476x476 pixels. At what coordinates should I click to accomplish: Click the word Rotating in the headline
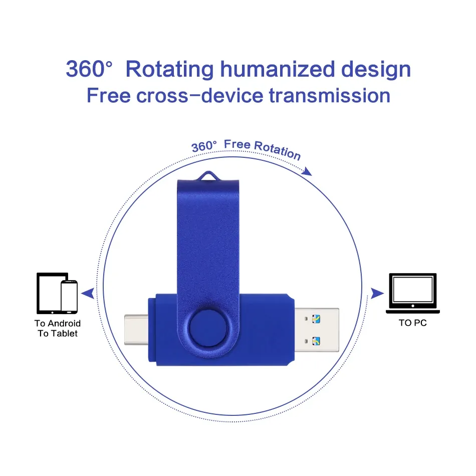click(x=170, y=70)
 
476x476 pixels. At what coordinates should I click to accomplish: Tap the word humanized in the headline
click(x=278, y=69)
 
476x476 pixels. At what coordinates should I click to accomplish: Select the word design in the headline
click(x=376, y=70)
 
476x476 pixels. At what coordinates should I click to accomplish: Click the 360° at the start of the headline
click(x=89, y=69)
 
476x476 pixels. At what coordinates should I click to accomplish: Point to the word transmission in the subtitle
click(x=330, y=95)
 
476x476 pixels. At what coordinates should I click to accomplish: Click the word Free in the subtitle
click(x=108, y=95)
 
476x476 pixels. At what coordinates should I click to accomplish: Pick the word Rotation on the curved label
click(x=277, y=150)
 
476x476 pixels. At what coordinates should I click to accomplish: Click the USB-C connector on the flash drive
click(x=136, y=330)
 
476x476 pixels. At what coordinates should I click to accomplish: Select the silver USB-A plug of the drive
click(x=317, y=330)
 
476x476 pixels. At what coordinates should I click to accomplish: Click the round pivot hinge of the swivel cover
click(x=208, y=329)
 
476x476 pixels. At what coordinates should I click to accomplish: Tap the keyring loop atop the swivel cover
click(x=208, y=175)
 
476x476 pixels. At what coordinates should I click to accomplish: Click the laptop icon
click(x=413, y=293)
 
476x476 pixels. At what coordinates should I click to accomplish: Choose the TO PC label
click(x=413, y=323)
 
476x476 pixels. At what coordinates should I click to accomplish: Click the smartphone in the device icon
click(x=69, y=297)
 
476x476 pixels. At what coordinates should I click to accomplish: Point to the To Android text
click(x=58, y=323)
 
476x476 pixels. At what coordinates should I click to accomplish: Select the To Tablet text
click(x=58, y=333)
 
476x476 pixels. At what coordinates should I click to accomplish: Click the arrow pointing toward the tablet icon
click(x=88, y=294)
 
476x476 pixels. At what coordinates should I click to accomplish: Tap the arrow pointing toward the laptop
click(x=377, y=294)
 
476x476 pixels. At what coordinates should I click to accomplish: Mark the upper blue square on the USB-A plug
click(x=316, y=319)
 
